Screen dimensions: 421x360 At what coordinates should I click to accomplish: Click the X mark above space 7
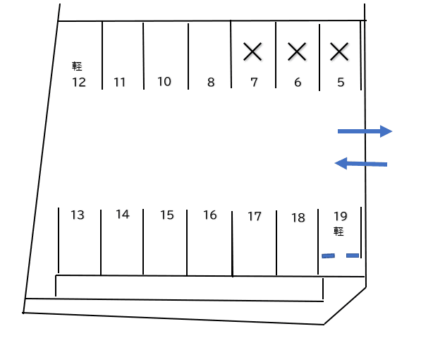(x=252, y=52)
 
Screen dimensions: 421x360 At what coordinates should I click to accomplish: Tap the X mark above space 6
(x=297, y=52)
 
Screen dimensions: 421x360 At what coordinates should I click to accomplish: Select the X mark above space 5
(x=339, y=52)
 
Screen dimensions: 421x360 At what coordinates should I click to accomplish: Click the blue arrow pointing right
(x=365, y=131)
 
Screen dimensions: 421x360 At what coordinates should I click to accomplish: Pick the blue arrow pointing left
(x=361, y=164)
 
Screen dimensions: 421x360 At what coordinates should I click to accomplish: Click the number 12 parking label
(x=79, y=83)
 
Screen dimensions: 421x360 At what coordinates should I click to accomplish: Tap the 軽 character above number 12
(x=77, y=66)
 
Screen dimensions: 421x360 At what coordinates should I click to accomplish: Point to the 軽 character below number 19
(x=338, y=232)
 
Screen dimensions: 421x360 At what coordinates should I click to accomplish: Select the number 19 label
(x=341, y=216)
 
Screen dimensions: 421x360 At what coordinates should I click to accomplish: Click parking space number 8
(x=211, y=83)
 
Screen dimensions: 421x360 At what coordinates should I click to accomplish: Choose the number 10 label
(x=164, y=81)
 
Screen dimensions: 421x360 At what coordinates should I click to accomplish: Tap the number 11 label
(x=119, y=83)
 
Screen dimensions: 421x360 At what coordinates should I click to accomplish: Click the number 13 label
(x=78, y=215)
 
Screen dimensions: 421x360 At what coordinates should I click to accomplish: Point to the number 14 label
(x=123, y=215)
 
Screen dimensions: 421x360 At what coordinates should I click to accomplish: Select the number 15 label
(x=166, y=215)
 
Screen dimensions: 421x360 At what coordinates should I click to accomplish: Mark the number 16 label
(x=209, y=215)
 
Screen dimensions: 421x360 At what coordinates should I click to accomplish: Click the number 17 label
(x=255, y=217)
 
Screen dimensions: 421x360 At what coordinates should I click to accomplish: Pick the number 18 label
(x=298, y=218)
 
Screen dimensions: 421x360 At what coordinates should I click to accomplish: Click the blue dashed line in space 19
(x=341, y=256)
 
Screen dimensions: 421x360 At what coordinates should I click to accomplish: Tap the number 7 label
(x=254, y=83)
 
